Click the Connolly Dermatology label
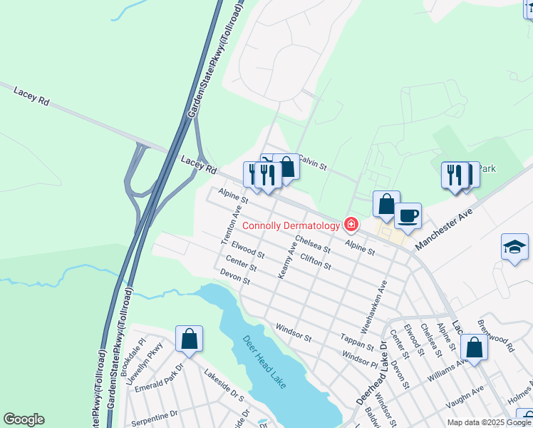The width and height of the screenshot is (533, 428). (x=291, y=225)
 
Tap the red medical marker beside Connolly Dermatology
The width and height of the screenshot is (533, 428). (x=351, y=225)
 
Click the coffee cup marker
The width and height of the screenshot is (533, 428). (x=408, y=215)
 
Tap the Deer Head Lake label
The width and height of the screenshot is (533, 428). (x=264, y=362)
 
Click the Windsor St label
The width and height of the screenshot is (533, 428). (x=294, y=332)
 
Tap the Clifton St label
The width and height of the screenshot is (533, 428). (x=316, y=261)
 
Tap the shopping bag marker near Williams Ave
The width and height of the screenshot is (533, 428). (x=474, y=347)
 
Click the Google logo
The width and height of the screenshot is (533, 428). (x=24, y=419)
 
